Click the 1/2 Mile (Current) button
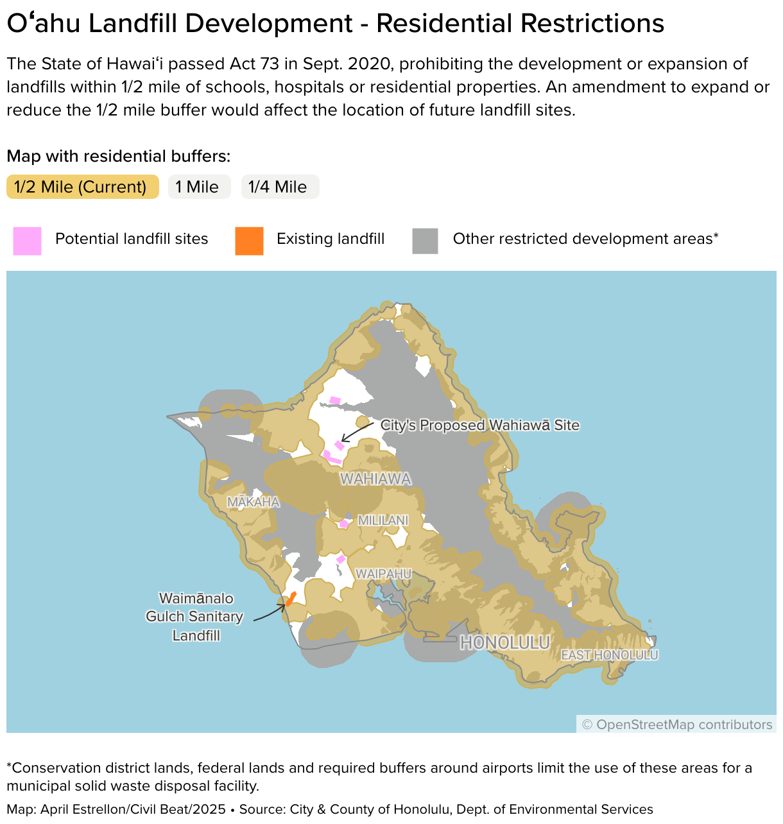click(82, 187)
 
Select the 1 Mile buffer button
click(199, 187)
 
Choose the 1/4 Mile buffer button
click(280, 187)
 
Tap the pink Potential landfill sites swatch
click(28, 241)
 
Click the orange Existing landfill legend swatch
click(249, 241)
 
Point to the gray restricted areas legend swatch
click(425, 241)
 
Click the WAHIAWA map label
click(375, 479)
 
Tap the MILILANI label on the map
click(383, 520)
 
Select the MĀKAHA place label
click(254, 502)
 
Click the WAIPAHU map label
click(383, 573)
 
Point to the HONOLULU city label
click(505, 642)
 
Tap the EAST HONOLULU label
click(610, 655)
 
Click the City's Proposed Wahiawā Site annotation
click(479, 425)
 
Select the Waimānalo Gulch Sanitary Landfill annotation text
click(195, 617)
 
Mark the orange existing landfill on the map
click(291, 599)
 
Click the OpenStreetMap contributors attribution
click(676, 725)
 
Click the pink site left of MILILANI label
click(343, 524)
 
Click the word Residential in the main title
click(443, 24)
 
